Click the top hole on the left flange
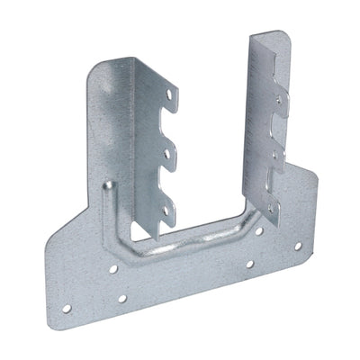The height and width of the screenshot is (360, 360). (x=168, y=92)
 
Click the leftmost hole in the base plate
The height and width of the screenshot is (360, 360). (x=67, y=309)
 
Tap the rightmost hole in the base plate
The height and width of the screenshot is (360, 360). (x=297, y=246)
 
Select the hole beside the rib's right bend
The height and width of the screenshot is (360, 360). (x=258, y=231)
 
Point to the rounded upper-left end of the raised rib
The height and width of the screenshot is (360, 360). (x=108, y=186)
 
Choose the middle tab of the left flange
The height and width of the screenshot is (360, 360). (x=166, y=154)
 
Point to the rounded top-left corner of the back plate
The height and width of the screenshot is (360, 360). (x=96, y=67)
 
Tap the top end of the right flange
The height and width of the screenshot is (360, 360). (x=269, y=38)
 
